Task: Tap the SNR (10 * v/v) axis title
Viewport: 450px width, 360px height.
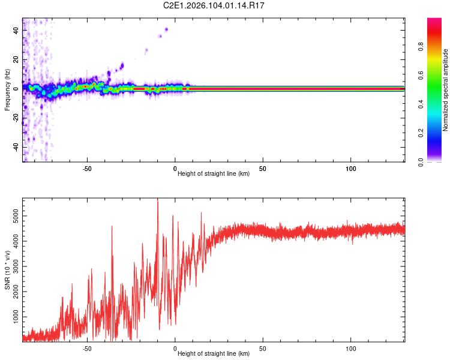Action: click(x=7, y=270)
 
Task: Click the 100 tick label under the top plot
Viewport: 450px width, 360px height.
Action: click(x=351, y=169)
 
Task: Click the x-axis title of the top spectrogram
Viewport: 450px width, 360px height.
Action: click(x=214, y=175)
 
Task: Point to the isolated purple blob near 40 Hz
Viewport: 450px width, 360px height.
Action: click(x=166, y=29)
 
